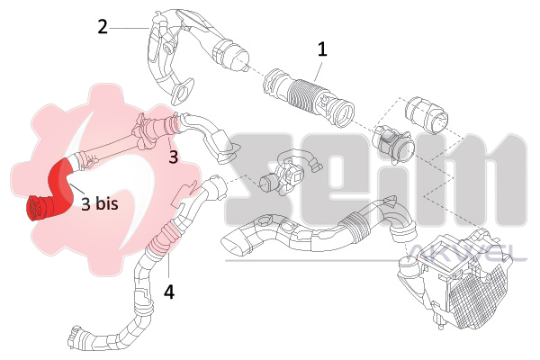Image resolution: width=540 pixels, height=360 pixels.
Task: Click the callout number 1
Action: tap(322, 49)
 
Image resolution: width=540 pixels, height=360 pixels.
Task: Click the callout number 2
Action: tap(103, 27)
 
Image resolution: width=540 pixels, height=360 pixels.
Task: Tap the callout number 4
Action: tap(169, 292)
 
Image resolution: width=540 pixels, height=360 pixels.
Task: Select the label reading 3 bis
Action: tap(100, 203)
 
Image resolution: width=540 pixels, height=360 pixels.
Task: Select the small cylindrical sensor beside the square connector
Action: tap(268, 184)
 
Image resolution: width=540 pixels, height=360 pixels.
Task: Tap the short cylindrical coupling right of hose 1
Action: tap(427, 115)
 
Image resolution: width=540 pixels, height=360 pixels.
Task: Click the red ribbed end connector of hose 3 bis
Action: tap(39, 208)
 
